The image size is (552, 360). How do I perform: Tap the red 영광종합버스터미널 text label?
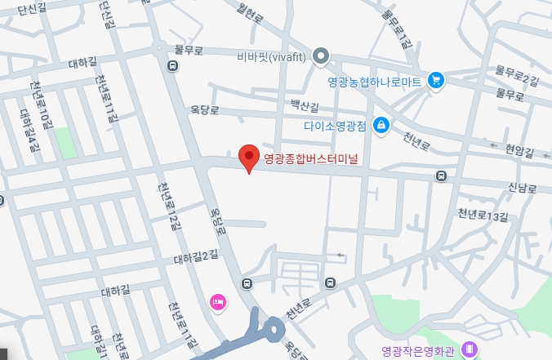(x=311, y=160)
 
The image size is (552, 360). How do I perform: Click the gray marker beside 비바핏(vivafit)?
(x=322, y=56)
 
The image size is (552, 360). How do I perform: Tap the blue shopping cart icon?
(x=436, y=79)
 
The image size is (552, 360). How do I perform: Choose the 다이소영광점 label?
(x=335, y=126)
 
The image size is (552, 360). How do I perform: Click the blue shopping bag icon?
(x=380, y=125)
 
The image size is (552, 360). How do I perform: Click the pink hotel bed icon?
(x=218, y=302)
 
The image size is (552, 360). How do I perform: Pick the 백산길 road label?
(x=306, y=104)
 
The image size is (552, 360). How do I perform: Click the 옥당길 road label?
(x=207, y=108)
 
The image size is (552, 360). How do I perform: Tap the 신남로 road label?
(x=523, y=189)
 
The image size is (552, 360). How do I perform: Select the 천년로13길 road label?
(x=483, y=216)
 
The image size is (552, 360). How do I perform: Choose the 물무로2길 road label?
(x=518, y=78)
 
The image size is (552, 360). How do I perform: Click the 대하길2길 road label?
(x=196, y=257)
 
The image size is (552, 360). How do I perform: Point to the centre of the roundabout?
(x=273, y=330)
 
